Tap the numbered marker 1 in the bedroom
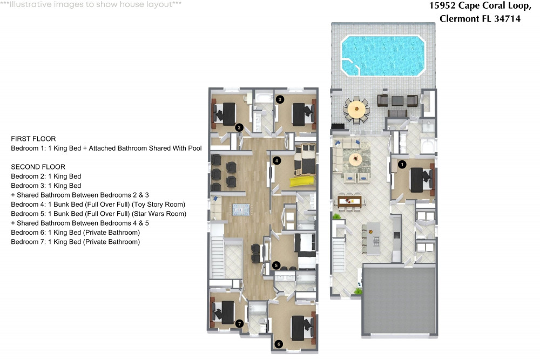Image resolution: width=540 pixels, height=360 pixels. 401,164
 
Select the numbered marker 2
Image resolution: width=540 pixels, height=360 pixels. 239,128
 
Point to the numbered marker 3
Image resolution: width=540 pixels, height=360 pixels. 280,99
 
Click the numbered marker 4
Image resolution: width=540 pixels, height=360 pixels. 276,160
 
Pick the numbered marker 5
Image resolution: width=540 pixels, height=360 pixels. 276,265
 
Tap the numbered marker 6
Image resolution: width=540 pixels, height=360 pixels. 279,343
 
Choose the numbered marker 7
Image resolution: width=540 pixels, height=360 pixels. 239,324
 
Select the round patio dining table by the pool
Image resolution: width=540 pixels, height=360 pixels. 356,110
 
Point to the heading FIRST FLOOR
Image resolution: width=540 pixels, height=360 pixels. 33,139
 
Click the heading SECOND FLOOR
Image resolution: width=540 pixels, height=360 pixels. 38,167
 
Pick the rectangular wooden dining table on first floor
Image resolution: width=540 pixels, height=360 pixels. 349,201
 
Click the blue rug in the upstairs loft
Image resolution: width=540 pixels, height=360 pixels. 242,210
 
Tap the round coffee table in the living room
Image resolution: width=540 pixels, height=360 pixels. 355,159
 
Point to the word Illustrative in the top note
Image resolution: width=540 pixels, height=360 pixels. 30,4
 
